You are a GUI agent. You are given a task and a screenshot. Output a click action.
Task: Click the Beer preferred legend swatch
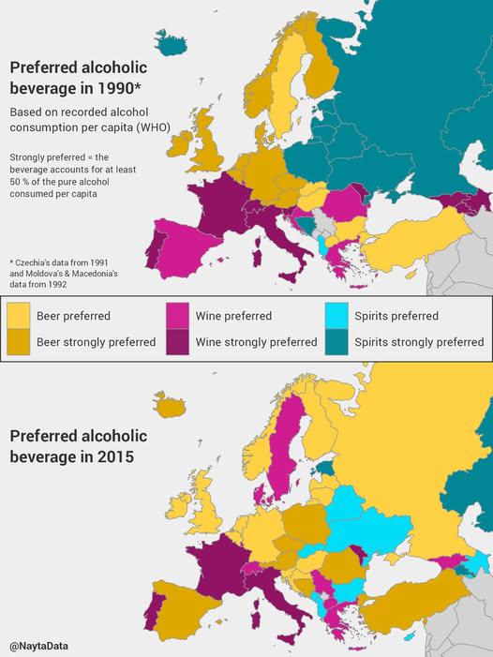click(x=19, y=316)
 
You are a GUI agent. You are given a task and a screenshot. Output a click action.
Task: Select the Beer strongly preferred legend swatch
click(x=19, y=341)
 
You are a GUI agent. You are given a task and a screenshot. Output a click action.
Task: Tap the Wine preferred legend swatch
click(x=178, y=316)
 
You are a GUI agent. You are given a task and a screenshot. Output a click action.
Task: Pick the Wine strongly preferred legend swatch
click(x=178, y=341)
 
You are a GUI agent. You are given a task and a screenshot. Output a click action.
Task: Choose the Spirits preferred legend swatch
click(x=338, y=316)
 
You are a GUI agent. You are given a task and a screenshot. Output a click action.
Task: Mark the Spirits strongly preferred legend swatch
click(x=338, y=341)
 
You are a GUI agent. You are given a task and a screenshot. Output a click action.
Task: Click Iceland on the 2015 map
click(x=171, y=405)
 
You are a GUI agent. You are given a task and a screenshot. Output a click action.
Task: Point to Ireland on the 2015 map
click(x=175, y=516)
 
